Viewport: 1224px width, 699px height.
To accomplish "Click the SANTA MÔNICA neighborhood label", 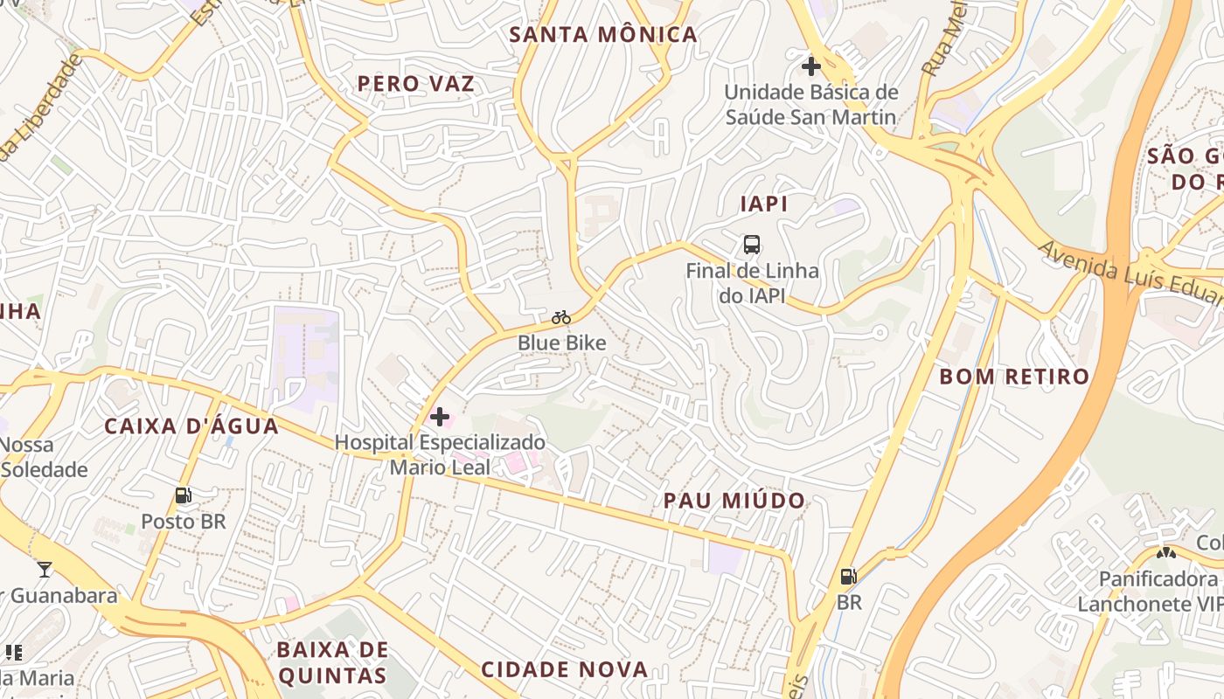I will point(603,35).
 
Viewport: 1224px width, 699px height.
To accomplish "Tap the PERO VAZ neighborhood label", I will point(416,84).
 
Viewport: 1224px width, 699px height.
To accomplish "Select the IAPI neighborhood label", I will point(764,204).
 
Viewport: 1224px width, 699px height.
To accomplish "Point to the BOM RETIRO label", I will point(1014,377).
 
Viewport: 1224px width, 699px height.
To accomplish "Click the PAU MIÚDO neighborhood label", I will point(734,501).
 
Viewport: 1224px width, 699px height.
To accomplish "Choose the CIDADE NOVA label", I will point(565,670).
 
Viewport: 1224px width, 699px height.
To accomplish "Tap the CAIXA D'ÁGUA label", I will point(191,426).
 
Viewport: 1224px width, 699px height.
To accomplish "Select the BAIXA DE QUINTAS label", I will point(332,662).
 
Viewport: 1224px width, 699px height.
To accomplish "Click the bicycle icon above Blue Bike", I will point(561,317).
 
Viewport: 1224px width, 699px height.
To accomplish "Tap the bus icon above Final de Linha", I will point(752,245).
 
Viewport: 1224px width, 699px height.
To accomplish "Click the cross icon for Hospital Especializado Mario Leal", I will point(440,417).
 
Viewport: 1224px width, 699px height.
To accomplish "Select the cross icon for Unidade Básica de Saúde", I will point(811,66).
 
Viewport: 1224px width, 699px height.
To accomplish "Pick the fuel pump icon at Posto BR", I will point(183,495).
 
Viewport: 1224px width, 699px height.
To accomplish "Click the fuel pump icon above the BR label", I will point(848,577).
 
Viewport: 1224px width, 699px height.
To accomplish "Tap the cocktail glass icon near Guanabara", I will point(44,570).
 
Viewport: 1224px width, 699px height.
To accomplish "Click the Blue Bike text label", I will point(561,343).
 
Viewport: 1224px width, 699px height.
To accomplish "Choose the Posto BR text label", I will point(184,522).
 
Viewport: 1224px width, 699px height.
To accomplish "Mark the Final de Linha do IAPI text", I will point(752,283).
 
